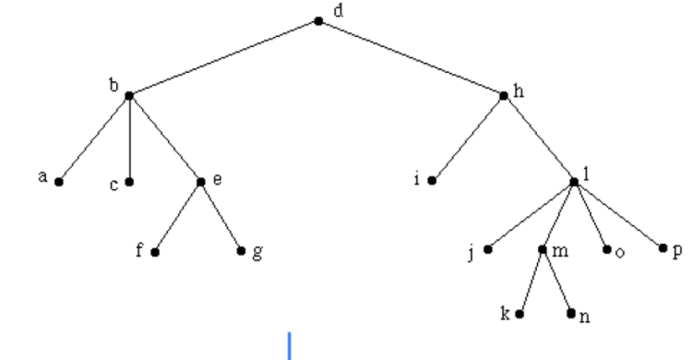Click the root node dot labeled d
(318, 20)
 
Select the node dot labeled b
(129, 95)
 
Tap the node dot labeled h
(504, 95)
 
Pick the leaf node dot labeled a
(58, 182)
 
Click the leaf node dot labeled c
(129, 182)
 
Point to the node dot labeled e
(200, 182)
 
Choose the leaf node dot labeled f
(155, 251)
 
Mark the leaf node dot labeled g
(242, 251)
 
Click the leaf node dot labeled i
(432, 182)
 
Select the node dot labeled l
(574, 182)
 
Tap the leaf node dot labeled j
(488, 249)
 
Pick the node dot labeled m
(543, 249)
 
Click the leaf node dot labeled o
(606, 249)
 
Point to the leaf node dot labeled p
(662, 247)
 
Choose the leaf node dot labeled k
(519, 314)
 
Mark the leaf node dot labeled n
(571, 314)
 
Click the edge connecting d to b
(223, 58)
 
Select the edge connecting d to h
(411, 58)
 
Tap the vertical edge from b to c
(129, 138)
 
